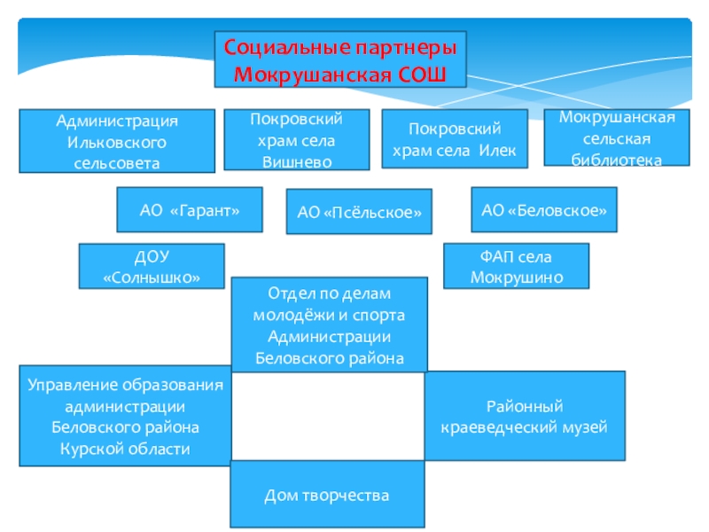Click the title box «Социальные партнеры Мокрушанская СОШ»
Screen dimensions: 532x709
[x=340, y=59]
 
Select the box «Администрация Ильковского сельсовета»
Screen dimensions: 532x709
[x=118, y=140]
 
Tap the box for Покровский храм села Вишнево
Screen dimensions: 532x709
[x=296, y=139]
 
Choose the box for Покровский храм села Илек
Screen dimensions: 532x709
[x=454, y=139]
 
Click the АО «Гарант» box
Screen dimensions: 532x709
[x=190, y=209]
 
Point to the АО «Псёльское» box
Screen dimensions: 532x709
[x=359, y=212]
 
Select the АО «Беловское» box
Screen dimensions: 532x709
[x=543, y=210]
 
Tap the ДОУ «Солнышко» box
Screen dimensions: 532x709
[x=152, y=267]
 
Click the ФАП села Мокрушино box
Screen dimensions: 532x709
[x=516, y=267]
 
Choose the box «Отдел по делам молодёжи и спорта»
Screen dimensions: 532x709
[x=329, y=325]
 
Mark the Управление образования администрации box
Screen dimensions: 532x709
[x=125, y=416]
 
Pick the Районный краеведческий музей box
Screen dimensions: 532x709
[x=525, y=417]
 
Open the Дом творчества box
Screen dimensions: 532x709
[x=327, y=495]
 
